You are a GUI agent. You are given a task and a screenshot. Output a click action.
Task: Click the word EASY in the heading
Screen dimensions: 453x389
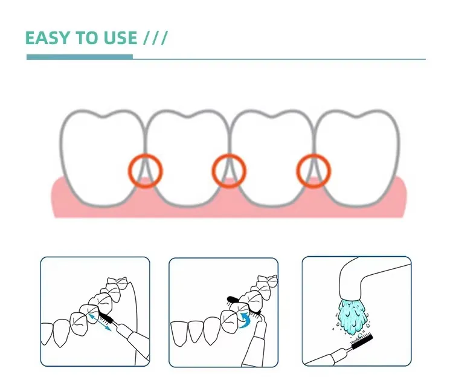pyautogui.click(x=48, y=38)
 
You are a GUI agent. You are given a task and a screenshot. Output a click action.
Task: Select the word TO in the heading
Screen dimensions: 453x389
pyautogui.click(x=87, y=38)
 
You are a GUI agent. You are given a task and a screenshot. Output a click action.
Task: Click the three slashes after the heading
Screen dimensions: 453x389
pyautogui.click(x=155, y=38)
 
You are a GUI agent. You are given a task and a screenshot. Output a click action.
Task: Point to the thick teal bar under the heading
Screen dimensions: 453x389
pyautogui.click(x=80, y=57)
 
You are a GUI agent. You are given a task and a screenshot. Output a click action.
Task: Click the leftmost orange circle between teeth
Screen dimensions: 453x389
pyautogui.click(x=129, y=171)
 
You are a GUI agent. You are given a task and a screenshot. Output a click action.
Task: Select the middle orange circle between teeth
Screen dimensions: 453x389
pyautogui.click(x=213, y=171)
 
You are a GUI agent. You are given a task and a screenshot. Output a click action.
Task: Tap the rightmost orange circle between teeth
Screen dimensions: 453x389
pyautogui.click(x=297, y=171)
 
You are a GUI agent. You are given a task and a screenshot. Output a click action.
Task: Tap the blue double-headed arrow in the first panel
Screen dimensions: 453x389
pyautogui.click(x=100, y=322)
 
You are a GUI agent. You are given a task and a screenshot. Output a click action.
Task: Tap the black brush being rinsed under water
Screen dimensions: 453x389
pyautogui.click(x=362, y=341)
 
